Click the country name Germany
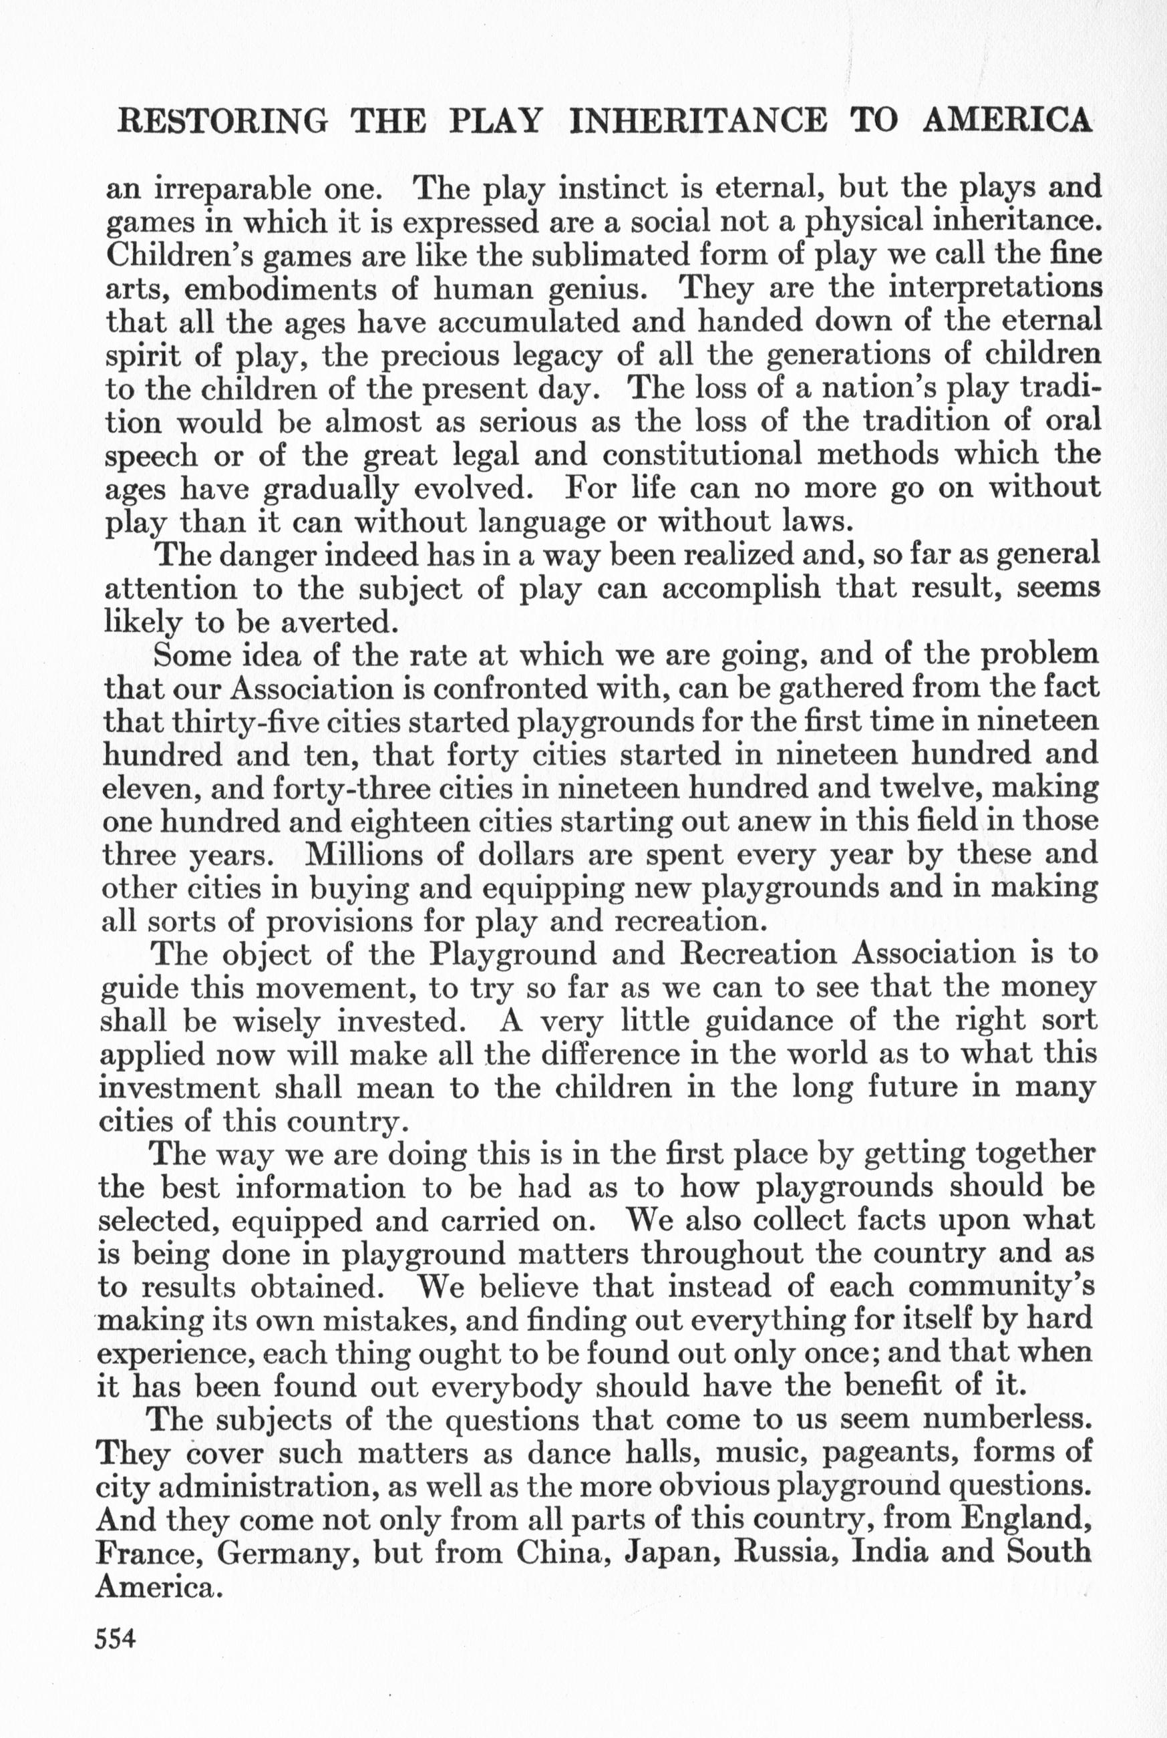(301, 1554)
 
